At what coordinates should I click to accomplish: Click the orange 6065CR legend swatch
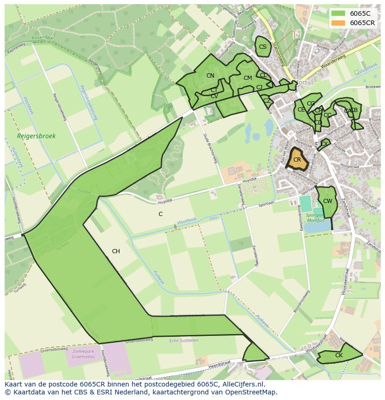(338, 23)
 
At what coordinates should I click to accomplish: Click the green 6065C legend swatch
(338, 13)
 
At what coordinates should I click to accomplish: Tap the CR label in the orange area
(297, 160)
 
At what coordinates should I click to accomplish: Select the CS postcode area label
(263, 47)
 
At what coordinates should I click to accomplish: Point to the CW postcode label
(328, 201)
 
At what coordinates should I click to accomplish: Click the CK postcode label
(339, 355)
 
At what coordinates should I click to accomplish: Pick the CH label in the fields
(116, 251)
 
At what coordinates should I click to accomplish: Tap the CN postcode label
(210, 76)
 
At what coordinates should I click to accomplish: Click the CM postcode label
(247, 78)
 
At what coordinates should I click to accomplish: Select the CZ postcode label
(267, 101)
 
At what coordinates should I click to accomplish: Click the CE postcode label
(301, 110)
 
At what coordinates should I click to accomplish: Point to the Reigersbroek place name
(36, 136)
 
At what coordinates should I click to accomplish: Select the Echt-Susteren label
(184, 340)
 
